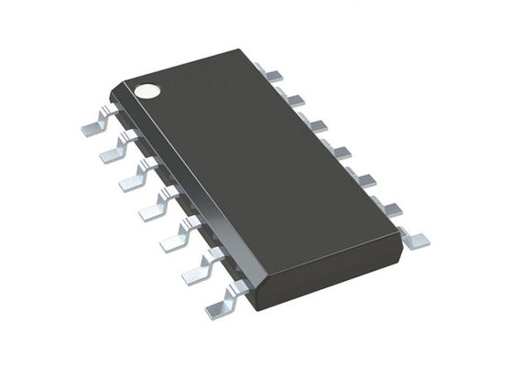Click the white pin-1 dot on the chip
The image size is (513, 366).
coord(147,91)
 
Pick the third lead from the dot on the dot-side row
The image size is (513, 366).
coord(136,178)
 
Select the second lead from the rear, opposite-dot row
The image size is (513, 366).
coord(293,96)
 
